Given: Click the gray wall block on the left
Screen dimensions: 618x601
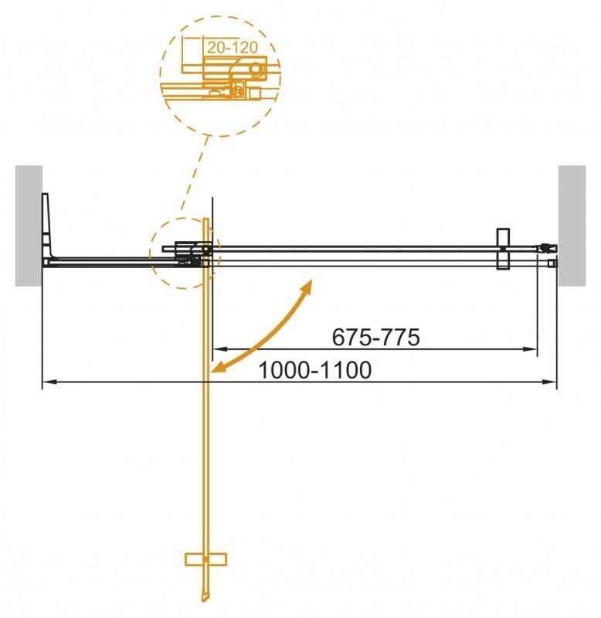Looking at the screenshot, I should (x=28, y=224).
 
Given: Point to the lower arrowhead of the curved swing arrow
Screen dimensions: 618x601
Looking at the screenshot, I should (x=219, y=368).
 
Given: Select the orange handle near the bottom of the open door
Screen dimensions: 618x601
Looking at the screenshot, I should (x=205, y=559).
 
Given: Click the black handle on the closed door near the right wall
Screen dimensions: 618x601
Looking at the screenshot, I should (x=501, y=249).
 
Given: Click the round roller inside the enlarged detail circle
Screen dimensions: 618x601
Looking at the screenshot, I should (x=254, y=70).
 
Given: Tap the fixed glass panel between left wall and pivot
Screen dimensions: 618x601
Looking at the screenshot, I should (x=100, y=260).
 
